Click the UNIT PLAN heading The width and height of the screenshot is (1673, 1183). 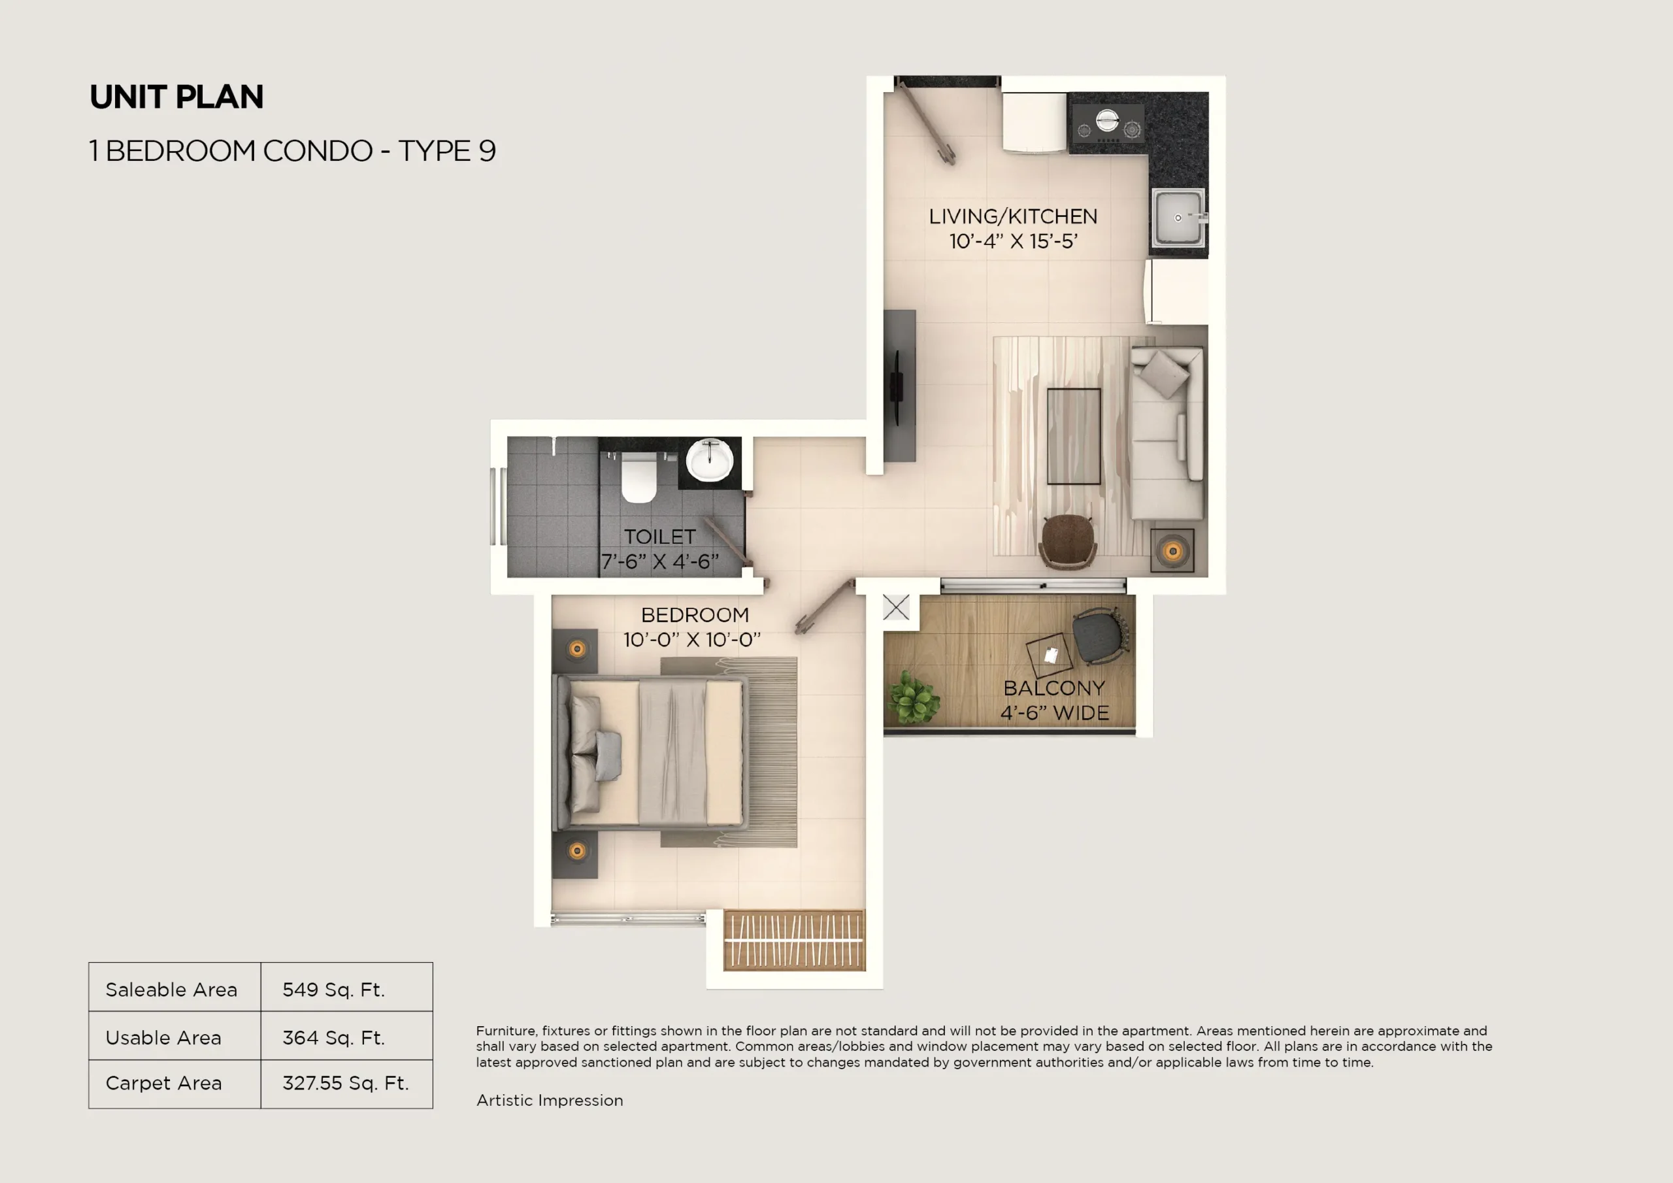(176, 97)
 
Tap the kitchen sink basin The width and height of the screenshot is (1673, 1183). (1177, 217)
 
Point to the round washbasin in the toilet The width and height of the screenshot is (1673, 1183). (710, 459)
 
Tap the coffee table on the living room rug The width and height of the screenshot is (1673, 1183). (1073, 436)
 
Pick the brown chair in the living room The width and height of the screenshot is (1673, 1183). (1067, 539)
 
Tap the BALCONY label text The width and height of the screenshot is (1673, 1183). (1053, 688)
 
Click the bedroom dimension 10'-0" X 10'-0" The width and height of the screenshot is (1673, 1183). (691, 640)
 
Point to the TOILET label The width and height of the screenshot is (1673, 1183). (659, 537)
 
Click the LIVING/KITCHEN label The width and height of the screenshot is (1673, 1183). (1013, 216)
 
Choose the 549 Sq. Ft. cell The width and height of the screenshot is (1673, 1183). (334, 989)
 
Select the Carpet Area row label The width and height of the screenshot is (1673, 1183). (164, 1083)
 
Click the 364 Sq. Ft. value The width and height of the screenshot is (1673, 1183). (334, 1037)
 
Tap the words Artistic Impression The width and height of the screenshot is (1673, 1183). (550, 1100)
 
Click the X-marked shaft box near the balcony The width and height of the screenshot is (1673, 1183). (896, 607)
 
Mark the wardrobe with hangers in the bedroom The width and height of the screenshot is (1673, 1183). (794, 941)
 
